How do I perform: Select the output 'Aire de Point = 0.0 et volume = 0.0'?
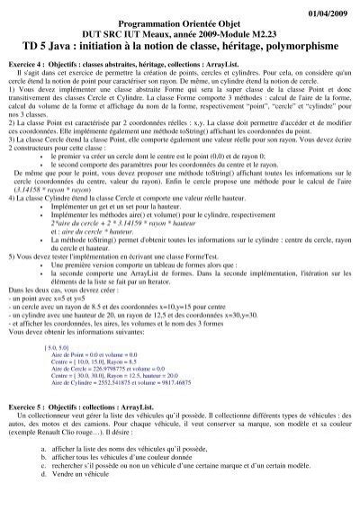coord(99,357)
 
